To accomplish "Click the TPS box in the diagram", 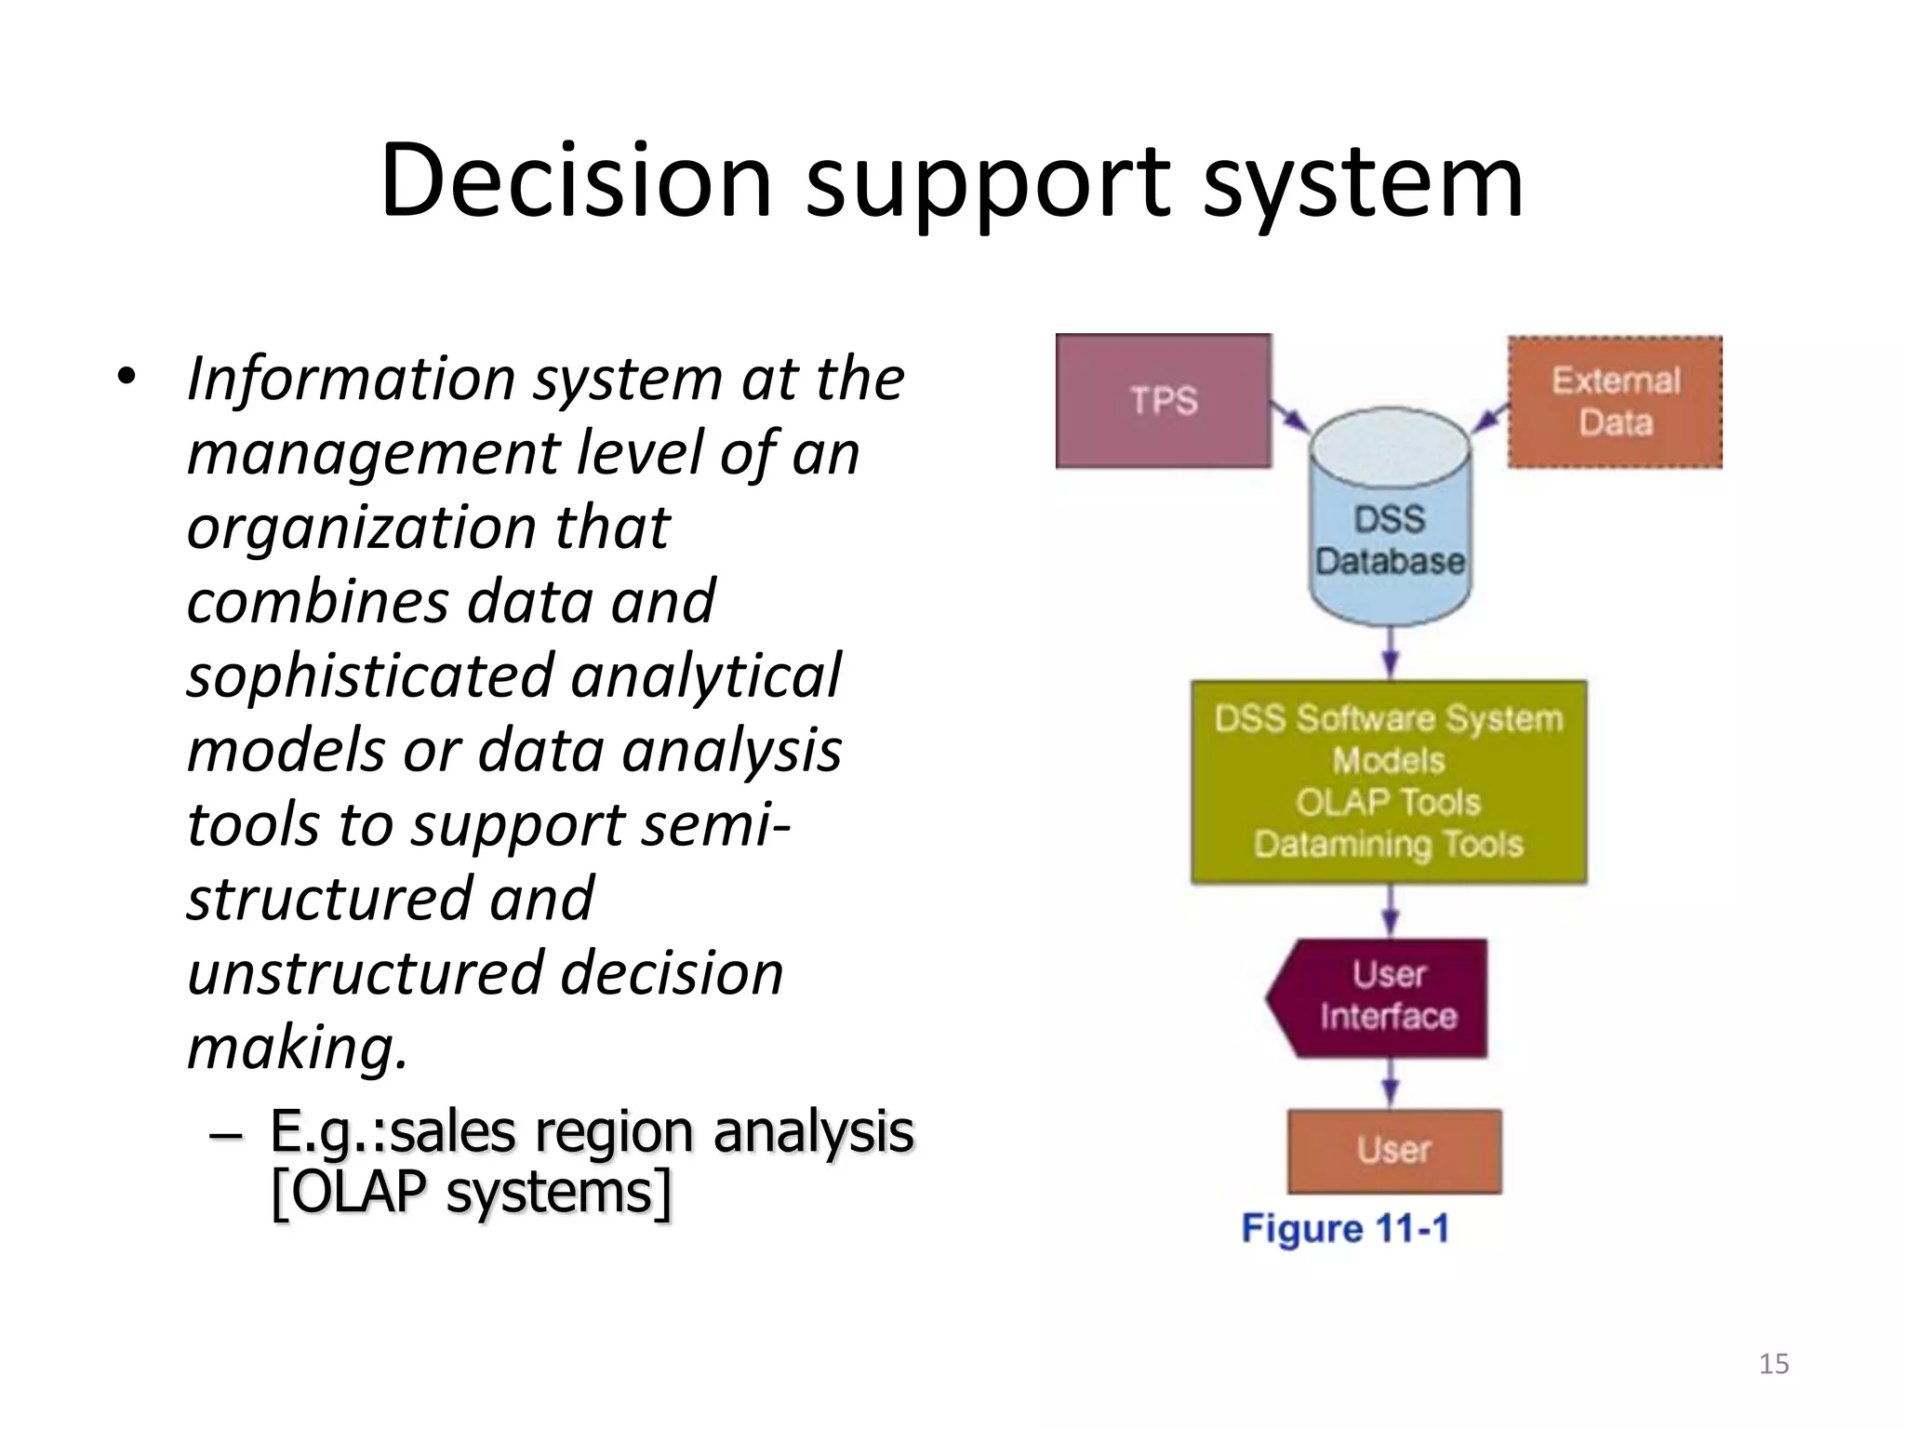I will [x=1163, y=401].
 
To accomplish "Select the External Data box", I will [x=1615, y=402].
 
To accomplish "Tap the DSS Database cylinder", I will [x=1390, y=540].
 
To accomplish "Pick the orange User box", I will [x=1393, y=1151].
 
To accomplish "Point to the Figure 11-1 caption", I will [x=1345, y=1229].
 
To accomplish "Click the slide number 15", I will [x=1774, y=1364].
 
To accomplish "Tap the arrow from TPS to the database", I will [x=1290, y=417].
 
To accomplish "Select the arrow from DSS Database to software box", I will [x=1391, y=652].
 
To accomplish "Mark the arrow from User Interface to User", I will [x=1391, y=1083].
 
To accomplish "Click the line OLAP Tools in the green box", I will [x=1388, y=802].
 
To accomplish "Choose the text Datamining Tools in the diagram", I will [x=1388, y=845].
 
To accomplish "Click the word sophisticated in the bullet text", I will [x=369, y=676].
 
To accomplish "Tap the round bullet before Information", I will [x=127, y=378].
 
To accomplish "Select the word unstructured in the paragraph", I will [x=365, y=973].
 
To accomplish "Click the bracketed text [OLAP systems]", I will [x=471, y=1192].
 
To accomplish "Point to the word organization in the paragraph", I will [x=360, y=528].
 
